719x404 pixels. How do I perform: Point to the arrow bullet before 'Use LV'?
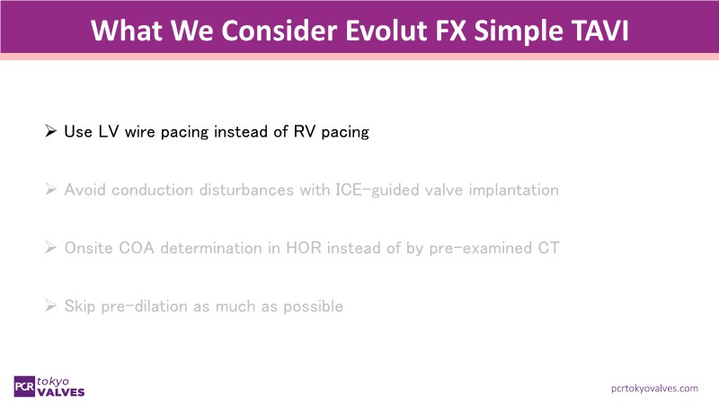pyautogui.click(x=50, y=131)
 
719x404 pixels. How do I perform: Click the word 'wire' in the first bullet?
pyautogui.click(x=140, y=132)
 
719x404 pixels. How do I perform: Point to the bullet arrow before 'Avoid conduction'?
pyautogui.click(x=50, y=189)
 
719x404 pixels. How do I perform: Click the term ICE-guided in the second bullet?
pyautogui.click(x=377, y=190)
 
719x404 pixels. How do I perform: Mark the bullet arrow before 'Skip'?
pyautogui.click(x=50, y=305)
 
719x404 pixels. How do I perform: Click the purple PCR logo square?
pyautogui.click(x=24, y=387)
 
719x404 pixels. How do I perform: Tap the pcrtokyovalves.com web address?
pyautogui.click(x=654, y=389)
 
